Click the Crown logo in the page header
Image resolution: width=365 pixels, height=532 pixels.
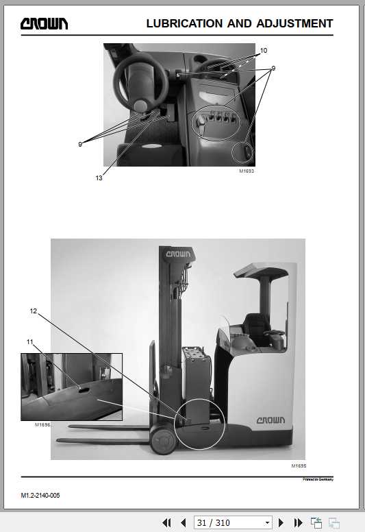(44, 23)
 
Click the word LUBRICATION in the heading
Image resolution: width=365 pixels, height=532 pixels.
(184, 23)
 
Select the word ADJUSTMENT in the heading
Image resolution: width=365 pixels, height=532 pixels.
(295, 23)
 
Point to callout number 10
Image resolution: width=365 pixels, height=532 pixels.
(264, 51)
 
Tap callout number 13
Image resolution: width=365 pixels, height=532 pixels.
(99, 178)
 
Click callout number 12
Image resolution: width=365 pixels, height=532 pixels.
(33, 311)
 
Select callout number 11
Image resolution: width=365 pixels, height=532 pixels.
(30, 341)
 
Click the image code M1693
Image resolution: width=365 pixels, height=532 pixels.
(247, 171)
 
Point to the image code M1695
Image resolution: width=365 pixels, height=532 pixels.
(299, 465)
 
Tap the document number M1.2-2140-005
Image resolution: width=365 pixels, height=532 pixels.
(40, 496)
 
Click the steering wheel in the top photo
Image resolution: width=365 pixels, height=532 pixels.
(140, 82)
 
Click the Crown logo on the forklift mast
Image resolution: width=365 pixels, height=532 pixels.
(178, 254)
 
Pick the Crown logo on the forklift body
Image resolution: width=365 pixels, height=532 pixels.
(270, 420)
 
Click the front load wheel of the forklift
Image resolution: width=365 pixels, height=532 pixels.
(164, 439)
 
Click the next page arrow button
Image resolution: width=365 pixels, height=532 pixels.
(281, 523)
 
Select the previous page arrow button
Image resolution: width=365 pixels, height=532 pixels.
(184, 523)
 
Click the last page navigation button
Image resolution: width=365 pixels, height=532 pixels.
(298, 523)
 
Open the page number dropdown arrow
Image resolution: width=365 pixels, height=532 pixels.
(267, 523)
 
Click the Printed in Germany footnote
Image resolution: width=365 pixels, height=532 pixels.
(318, 479)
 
